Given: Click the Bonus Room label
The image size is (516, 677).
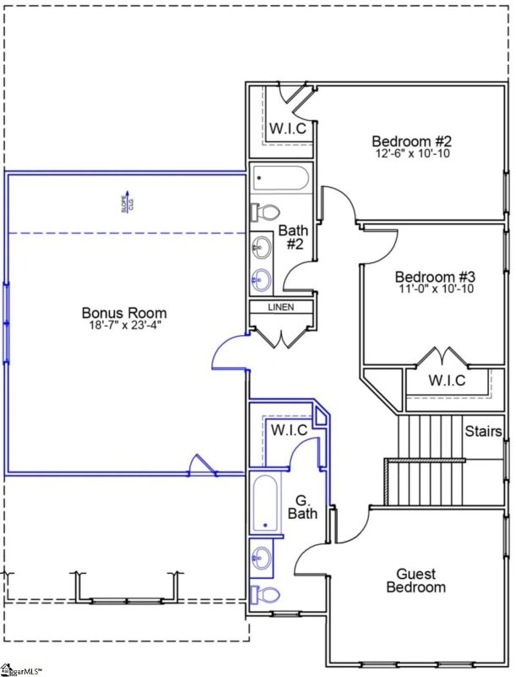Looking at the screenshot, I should click(124, 312).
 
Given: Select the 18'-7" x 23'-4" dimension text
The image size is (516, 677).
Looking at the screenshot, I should click(124, 325).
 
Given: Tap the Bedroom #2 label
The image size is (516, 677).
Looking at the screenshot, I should click(412, 140).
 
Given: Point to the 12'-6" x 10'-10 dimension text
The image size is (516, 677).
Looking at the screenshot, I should click(412, 153).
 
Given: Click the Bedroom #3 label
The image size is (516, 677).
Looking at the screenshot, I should click(436, 277).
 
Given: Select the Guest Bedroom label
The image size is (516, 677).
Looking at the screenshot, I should click(415, 581).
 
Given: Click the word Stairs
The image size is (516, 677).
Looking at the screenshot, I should click(484, 432).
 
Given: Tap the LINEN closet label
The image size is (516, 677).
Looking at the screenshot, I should click(281, 307).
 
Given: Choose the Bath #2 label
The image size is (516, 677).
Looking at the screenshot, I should click(294, 237).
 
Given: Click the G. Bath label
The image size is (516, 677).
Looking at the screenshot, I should click(302, 506).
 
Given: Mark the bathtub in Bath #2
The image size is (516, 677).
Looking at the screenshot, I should click(281, 179).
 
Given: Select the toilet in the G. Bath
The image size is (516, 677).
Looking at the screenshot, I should click(265, 594).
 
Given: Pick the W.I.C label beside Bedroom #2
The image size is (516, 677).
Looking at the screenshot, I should click(288, 129).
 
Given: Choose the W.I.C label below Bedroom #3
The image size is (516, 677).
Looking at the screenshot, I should click(446, 381).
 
